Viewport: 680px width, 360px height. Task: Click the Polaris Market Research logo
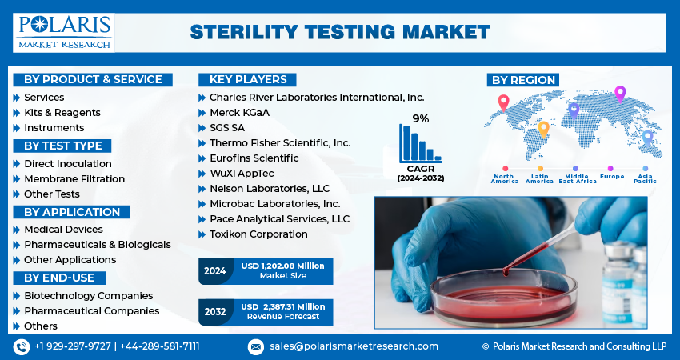point(65,31)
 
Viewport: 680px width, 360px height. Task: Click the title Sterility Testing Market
point(339,32)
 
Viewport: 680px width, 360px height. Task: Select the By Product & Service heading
point(92,79)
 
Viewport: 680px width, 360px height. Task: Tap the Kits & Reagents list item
point(62,113)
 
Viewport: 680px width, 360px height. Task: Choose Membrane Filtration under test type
point(74,179)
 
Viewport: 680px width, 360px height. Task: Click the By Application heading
point(71,212)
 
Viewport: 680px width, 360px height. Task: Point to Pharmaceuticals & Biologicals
point(97,245)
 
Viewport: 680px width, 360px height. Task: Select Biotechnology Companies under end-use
point(88,296)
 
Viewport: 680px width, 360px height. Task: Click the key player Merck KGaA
point(239,113)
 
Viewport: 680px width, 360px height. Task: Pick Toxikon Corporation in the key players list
point(258,234)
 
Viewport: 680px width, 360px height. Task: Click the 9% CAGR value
point(420,118)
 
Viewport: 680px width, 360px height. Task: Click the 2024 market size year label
point(214,271)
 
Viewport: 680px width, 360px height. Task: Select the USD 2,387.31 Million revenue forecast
point(283,306)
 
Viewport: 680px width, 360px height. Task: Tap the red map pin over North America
point(503,102)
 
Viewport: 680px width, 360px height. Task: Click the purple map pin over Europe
point(619,93)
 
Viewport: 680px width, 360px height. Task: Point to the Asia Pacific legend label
point(645,178)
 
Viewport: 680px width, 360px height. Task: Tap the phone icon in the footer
point(21,346)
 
